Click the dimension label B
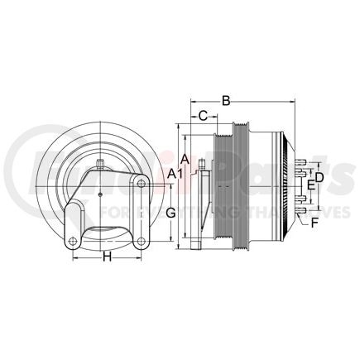coord(226,102)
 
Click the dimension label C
coord(203,117)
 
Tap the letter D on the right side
coord(319,177)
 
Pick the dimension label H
coord(107,257)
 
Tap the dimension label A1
coord(175,174)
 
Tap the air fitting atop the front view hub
coord(98,164)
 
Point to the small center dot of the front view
coord(98,195)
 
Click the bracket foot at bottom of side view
coord(196,246)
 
